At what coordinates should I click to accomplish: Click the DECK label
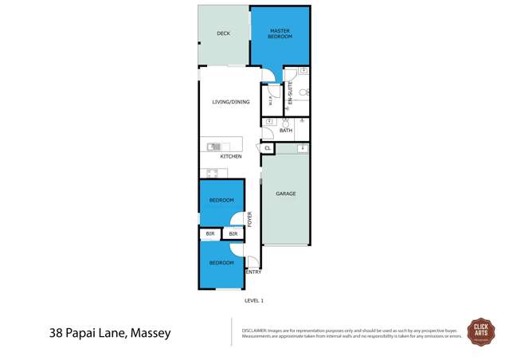click(x=223, y=33)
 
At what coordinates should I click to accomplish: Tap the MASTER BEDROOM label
click(x=280, y=33)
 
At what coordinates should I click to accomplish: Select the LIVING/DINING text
click(x=230, y=102)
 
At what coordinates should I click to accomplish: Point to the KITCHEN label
click(x=231, y=156)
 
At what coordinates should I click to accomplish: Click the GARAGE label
click(x=286, y=194)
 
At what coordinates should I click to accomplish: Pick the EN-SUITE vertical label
click(x=291, y=93)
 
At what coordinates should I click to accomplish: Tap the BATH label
click(x=286, y=131)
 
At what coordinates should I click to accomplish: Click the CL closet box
click(x=267, y=148)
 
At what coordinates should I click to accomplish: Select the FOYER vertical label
click(x=249, y=219)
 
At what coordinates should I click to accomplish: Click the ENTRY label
click(x=253, y=272)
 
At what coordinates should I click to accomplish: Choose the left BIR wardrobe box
click(x=210, y=234)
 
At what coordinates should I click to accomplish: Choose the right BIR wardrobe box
click(x=233, y=234)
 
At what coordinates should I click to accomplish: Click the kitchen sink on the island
click(x=213, y=147)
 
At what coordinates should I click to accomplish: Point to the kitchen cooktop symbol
click(x=213, y=173)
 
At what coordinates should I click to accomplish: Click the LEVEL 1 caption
click(x=253, y=300)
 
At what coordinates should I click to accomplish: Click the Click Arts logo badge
click(x=480, y=330)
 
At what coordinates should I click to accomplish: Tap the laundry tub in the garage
click(x=303, y=148)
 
